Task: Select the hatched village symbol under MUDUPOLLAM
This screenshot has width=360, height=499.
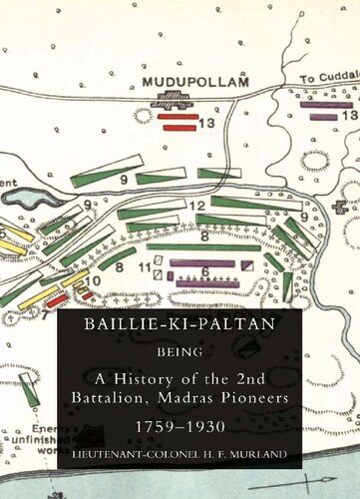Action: tap(179, 99)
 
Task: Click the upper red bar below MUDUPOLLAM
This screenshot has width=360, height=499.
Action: tap(178, 116)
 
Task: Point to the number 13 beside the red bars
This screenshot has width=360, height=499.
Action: tap(206, 122)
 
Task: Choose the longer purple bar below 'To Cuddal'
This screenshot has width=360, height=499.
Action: tap(326, 105)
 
